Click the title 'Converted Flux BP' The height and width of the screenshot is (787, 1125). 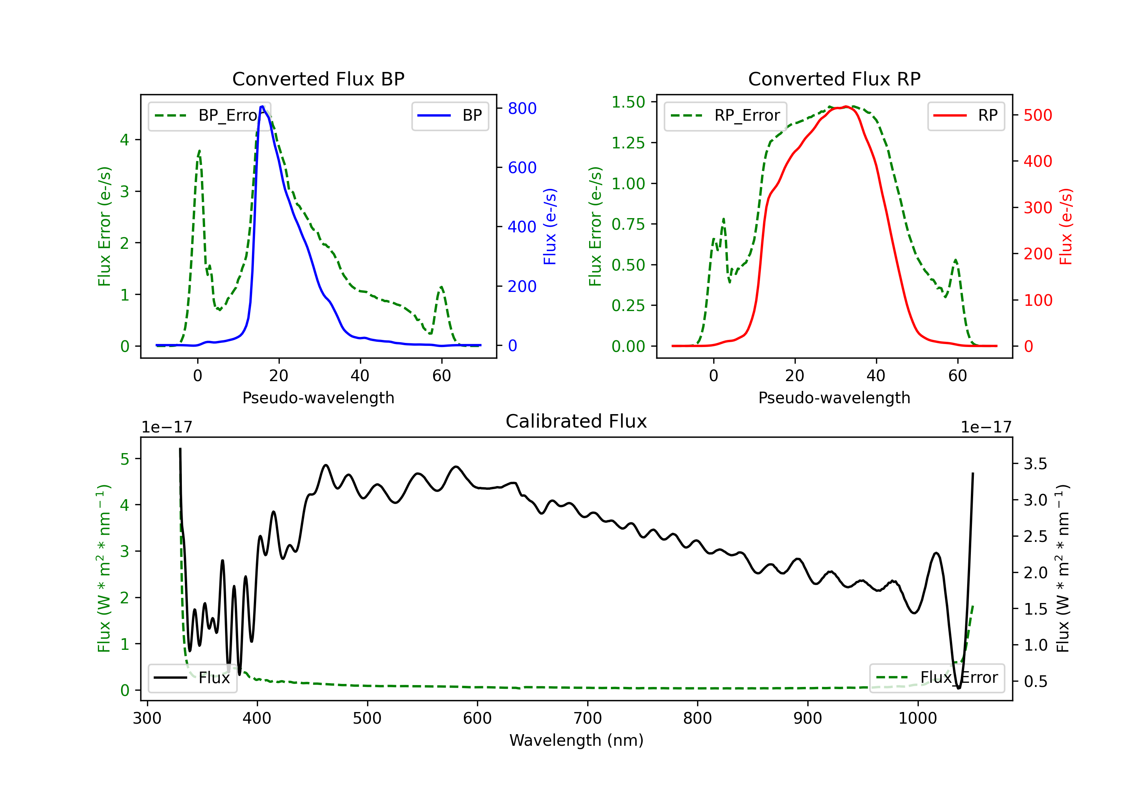pyautogui.click(x=318, y=79)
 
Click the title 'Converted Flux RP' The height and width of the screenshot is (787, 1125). pyautogui.click(x=834, y=79)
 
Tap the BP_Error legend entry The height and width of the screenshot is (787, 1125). pyautogui.click(x=209, y=115)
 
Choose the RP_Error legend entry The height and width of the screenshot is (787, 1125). pyautogui.click(x=725, y=115)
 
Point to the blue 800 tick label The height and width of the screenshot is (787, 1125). pyautogui.click(x=522, y=108)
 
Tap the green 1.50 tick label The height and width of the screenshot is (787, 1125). pyautogui.click(x=628, y=102)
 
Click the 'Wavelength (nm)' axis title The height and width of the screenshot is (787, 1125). pyautogui.click(x=576, y=740)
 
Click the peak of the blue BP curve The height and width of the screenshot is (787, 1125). pyautogui.click(x=262, y=106)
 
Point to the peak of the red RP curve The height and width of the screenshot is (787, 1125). pyautogui.click(x=846, y=106)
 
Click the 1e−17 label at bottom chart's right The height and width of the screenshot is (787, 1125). pyautogui.click(x=986, y=427)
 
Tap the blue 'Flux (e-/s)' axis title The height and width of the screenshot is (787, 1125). pyautogui.click(x=550, y=227)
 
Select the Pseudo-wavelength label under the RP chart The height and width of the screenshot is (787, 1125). pyautogui.click(x=834, y=398)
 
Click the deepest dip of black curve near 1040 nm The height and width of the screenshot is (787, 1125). pyautogui.click(x=958, y=688)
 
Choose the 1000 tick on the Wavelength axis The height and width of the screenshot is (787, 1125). pyautogui.click(x=917, y=718)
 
